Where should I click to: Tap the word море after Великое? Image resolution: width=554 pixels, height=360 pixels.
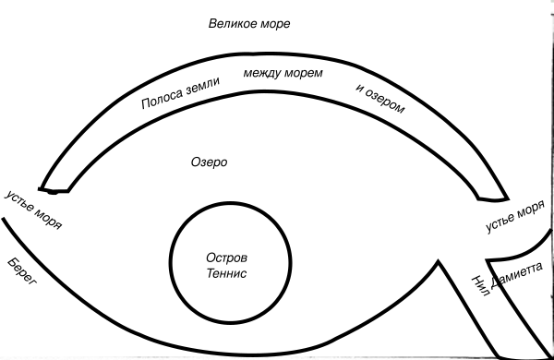[275, 24]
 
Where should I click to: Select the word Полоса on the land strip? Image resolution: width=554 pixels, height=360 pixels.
[163, 99]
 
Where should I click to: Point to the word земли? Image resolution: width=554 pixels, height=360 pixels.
[203, 86]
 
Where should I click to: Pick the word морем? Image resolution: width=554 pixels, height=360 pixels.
[304, 74]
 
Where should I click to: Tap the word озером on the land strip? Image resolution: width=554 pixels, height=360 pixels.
[385, 102]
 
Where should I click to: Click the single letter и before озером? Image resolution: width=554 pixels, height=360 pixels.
[360, 88]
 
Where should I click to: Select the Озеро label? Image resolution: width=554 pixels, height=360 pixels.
[210, 162]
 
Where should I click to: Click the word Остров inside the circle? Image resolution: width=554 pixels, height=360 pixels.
[227, 258]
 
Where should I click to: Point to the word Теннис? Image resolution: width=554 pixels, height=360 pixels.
[226, 273]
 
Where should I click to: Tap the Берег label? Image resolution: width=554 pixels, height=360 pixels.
[21, 271]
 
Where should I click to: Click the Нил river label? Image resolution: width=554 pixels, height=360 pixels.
[481, 286]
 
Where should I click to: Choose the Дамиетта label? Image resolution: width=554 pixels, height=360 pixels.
[516, 275]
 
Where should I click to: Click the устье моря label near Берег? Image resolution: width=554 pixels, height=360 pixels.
[33, 210]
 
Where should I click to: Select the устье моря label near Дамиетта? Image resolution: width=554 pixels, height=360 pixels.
[515, 216]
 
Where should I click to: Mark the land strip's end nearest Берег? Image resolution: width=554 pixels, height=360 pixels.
[54, 191]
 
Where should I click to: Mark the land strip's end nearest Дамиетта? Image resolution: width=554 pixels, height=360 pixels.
[493, 199]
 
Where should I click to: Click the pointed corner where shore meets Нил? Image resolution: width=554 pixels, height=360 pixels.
[438, 261]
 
